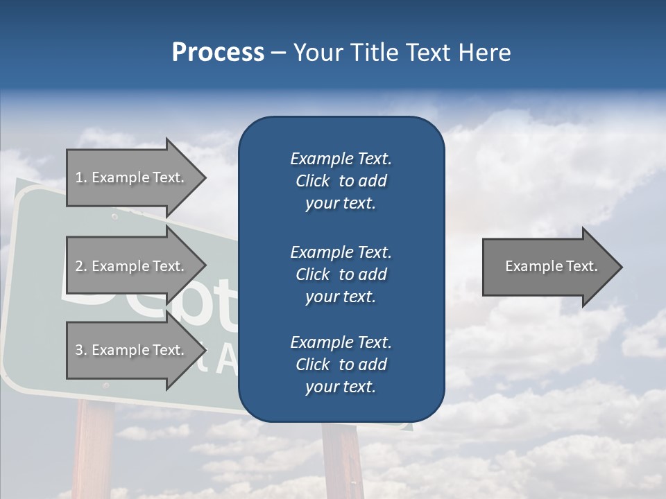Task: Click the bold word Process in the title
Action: (218, 53)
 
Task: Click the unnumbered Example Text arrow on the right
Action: (551, 266)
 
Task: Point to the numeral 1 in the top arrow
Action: (79, 177)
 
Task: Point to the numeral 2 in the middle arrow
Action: (79, 266)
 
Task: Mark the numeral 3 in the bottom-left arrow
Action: (79, 350)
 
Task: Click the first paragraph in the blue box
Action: (341, 181)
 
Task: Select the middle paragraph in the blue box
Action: (341, 274)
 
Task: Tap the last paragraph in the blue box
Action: (341, 365)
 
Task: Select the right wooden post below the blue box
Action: (343, 461)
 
